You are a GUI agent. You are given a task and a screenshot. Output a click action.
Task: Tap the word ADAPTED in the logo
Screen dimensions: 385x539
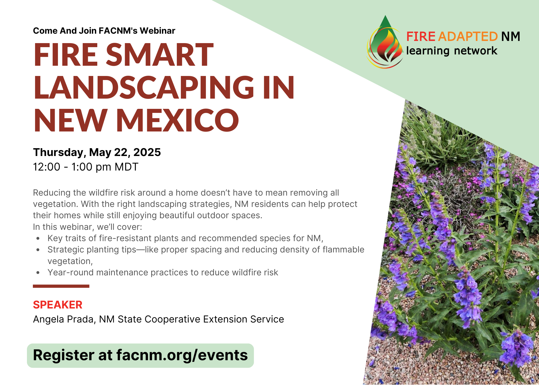(468, 37)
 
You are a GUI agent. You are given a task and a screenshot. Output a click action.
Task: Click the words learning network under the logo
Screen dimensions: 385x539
(452, 51)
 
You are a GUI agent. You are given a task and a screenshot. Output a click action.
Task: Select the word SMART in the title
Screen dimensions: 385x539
(160, 55)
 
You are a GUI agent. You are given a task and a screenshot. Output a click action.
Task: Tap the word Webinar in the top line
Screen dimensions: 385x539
(157, 31)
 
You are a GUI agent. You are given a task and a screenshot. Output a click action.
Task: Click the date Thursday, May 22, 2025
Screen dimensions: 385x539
(97, 152)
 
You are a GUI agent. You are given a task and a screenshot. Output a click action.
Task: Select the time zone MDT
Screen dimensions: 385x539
(126, 167)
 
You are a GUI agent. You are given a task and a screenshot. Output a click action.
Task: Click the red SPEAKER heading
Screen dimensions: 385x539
(58, 305)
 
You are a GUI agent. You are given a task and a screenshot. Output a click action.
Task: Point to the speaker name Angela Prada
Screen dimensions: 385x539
(63, 319)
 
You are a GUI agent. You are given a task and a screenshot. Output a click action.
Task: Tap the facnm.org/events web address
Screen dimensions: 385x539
(182, 355)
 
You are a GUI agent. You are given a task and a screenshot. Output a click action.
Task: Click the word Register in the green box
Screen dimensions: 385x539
(63, 355)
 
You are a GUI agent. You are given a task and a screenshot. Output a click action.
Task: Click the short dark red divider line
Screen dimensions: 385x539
(61, 286)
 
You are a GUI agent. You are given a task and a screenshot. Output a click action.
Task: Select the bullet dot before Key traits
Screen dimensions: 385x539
(38, 238)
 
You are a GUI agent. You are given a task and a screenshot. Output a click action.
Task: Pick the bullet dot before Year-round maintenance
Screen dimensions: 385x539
(38, 273)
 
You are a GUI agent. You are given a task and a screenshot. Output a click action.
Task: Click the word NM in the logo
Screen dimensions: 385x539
(511, 37)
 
